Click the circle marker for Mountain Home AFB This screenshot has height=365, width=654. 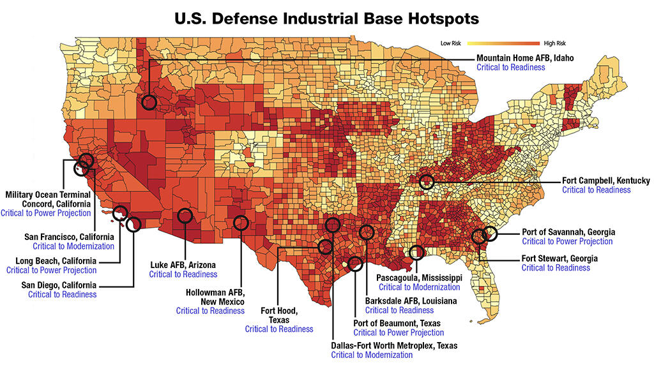tap(149, 101)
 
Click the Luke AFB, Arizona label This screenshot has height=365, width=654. tap(183, 265)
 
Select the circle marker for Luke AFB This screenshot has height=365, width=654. tap(185, 216)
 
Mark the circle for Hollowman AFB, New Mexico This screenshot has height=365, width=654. tap(241, 223)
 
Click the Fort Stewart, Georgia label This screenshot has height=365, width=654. tap(559, 259)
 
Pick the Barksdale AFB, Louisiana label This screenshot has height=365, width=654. tap(411, 301)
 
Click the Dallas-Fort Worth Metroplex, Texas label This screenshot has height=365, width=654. tap(394, 346)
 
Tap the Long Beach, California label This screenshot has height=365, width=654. tap(56, 261)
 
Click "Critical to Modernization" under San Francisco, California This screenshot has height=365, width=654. tap(73, 246)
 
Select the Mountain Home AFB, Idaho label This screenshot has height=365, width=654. tap(525, 58)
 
